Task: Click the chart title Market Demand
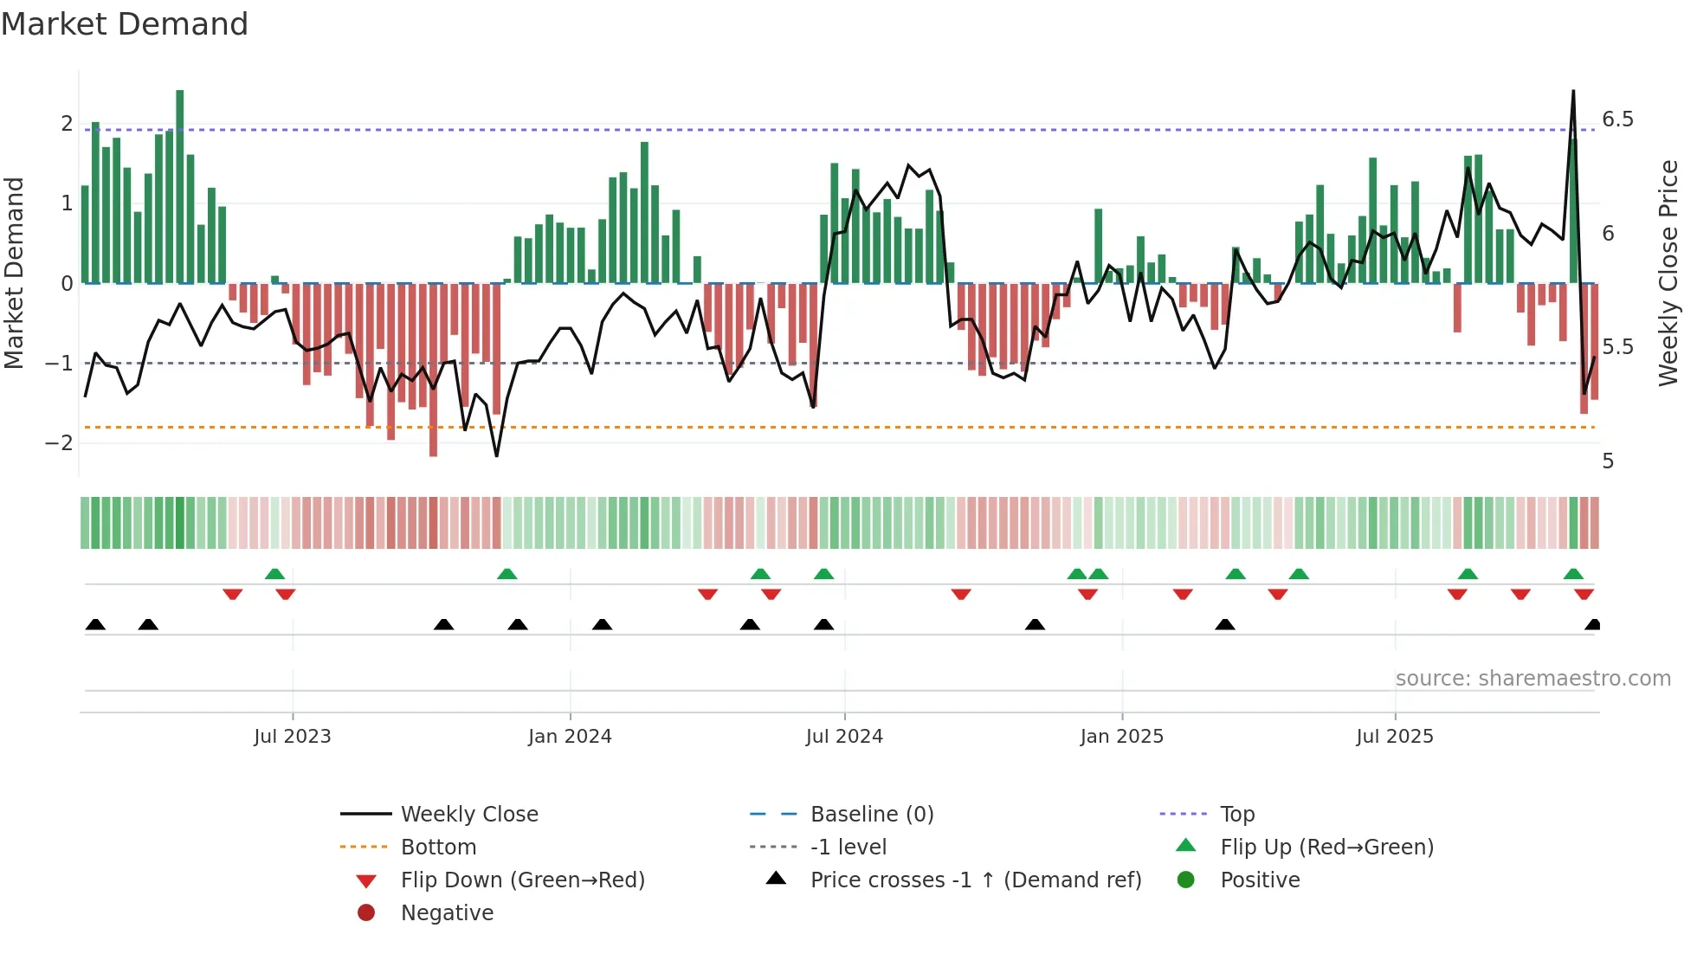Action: pos(125,24)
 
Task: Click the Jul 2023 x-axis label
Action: pos(292,737)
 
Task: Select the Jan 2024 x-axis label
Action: pos(570,737)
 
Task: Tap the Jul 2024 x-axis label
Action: pos(844,737)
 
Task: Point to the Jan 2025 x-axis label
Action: pos(1122,737)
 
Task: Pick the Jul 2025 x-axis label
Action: pos(1395,737)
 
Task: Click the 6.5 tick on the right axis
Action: pos(1617,119)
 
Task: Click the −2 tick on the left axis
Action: pos(59,443)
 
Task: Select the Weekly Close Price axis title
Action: pos(1668,273)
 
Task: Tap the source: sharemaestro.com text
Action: pos(1532,679)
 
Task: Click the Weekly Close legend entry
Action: pos(469,815)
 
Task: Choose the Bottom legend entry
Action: pos(438,848)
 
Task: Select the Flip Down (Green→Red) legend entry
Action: pos(522,880)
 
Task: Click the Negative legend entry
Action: pos(447,913)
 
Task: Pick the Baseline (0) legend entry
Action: pos(872,815)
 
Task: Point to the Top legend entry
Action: pos(1237,815)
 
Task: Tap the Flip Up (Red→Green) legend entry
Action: pos(1326,848)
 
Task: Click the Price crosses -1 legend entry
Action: pos(976,880)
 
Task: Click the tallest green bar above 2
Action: pos(180,186)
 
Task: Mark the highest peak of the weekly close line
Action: pos(1573,91)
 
